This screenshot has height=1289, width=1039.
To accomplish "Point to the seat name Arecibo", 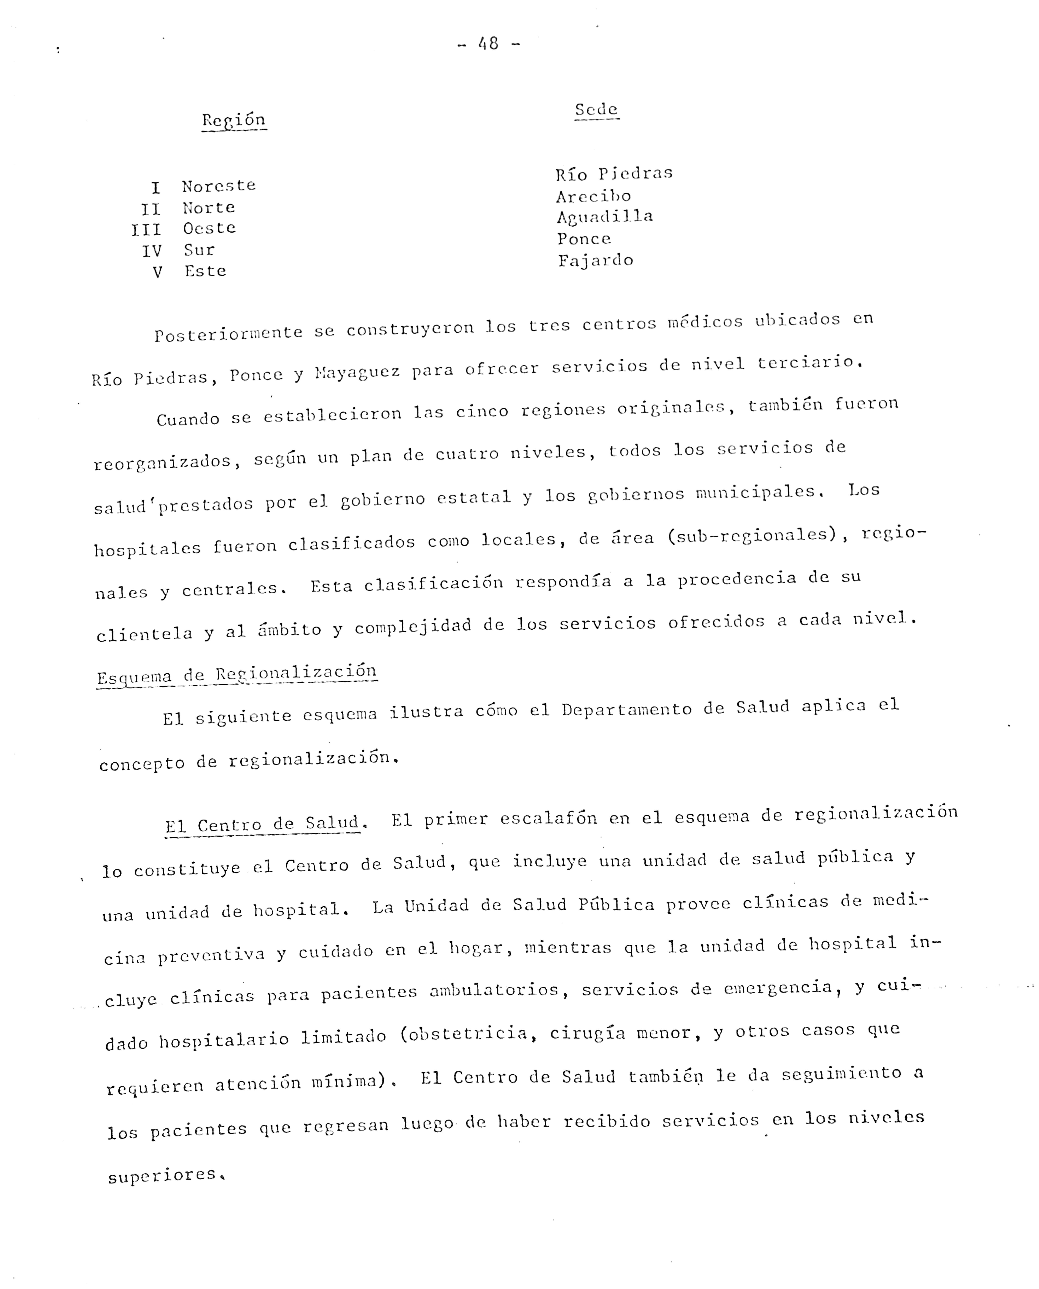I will click(x=593, y=196).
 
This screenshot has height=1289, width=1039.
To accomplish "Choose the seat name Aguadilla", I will click(x=605, y=217).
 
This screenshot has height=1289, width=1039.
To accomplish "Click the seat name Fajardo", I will click(x=596, y=260).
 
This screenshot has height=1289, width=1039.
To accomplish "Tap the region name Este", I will click(x=205, y=271).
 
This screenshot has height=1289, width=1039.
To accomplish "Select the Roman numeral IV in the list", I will click(x=152, y=251).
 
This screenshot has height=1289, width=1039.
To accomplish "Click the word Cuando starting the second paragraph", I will click(x=188, y=419).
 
